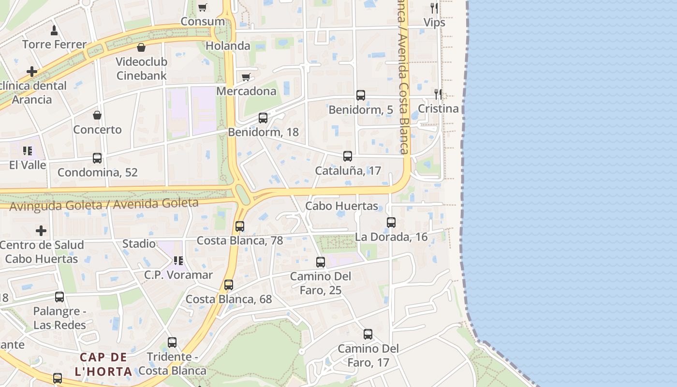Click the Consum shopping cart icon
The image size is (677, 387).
coord(203,7)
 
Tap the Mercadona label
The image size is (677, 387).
coord(246,91)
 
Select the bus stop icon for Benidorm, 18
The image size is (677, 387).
coord(263,118)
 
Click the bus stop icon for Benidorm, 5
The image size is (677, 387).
coord(361,95)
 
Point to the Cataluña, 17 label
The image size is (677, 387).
coord(348,171)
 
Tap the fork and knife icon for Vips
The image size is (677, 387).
coord(434,8)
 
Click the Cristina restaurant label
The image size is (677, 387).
coord(438,108)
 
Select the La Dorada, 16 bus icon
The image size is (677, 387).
coord(391,223)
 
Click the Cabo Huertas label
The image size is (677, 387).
coord(341,206)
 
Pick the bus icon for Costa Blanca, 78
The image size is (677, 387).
coord(239,226)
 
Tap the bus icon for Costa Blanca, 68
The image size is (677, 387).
coord(229,285)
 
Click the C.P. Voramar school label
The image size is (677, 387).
coord(178,275)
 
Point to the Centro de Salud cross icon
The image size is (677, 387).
coord(41,230)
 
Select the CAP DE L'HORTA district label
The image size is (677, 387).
coord(103,364)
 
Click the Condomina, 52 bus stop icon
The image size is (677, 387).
coord(97,158)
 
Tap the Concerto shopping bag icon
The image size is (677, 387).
coord(97,115)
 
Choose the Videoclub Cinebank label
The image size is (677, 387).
coord(142,69)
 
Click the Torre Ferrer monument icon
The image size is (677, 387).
coord(54,30)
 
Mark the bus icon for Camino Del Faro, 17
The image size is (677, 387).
coord(368,334)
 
